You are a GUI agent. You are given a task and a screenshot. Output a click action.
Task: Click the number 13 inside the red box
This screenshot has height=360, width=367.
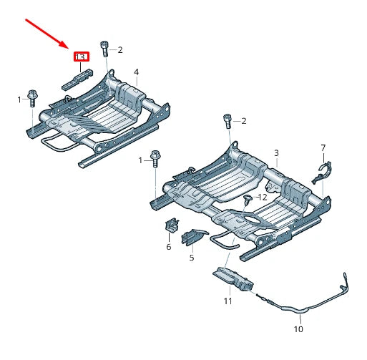coord(80,56)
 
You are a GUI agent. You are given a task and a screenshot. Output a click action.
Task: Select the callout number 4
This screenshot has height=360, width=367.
coord(136,72)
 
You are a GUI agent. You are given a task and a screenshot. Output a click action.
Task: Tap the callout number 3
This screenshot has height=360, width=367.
coord(277,153)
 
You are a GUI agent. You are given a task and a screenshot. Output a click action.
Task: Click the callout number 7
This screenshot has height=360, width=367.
coord(323,147)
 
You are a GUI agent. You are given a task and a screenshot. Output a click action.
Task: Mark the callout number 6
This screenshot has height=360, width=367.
coord(169,246)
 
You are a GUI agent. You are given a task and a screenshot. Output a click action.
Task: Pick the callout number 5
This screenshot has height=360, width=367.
coord(192,257)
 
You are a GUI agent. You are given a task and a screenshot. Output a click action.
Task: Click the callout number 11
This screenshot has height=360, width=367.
coord(227,301)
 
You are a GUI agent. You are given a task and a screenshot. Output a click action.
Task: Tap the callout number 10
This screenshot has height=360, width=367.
coord(298,330)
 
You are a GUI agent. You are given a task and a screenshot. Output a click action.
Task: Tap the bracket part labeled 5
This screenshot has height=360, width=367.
coord(194,238)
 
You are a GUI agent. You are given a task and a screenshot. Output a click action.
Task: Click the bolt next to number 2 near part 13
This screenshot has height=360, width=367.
coord(104,48)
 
